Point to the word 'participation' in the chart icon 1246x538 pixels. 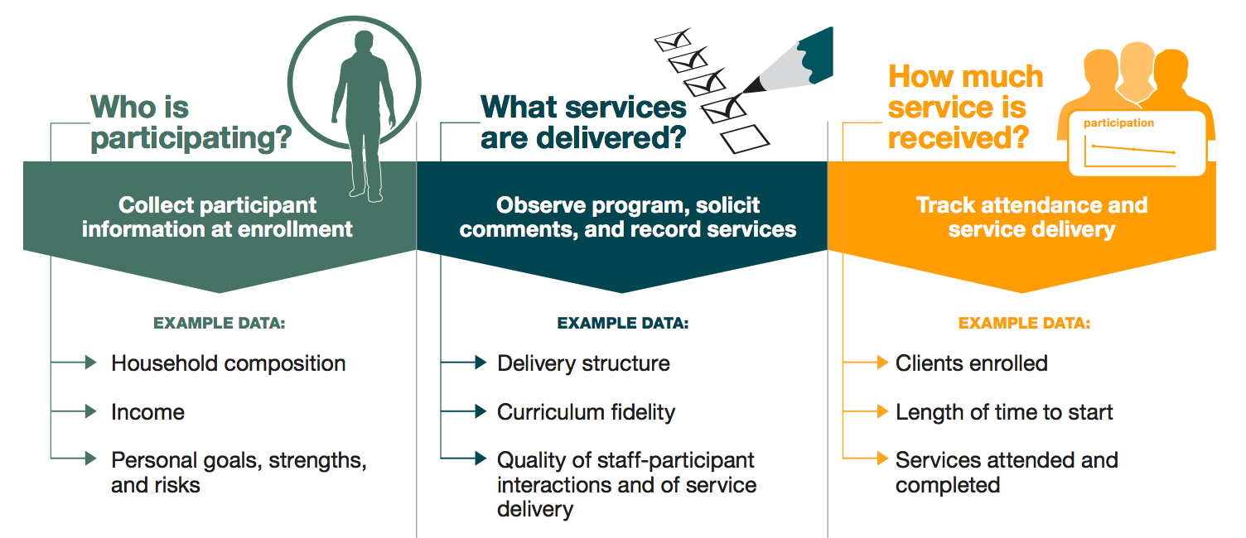[1118, 123]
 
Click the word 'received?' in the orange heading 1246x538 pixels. [958, 138]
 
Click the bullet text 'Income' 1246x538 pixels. [147, 412]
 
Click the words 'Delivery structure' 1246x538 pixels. [583, 363]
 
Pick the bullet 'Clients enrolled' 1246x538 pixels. [971, 363]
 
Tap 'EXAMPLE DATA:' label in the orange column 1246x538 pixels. [1024, 324]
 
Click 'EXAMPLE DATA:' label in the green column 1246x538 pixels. [219, 324]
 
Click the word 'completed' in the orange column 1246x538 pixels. [947, 485]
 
